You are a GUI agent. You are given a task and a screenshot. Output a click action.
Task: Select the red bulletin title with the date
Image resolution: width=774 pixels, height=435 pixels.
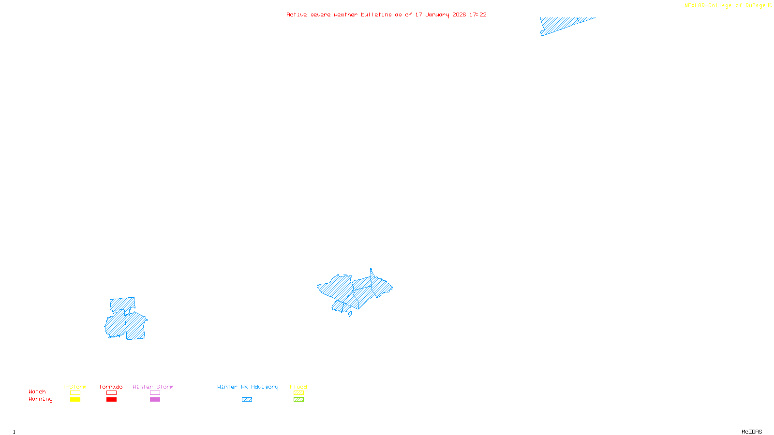386,14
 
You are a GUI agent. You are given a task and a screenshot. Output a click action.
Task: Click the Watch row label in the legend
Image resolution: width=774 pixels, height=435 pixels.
37,391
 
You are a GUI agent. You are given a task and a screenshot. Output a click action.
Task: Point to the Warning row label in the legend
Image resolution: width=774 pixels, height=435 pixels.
41,399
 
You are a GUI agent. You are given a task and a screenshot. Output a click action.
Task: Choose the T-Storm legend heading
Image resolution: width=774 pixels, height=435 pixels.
74,387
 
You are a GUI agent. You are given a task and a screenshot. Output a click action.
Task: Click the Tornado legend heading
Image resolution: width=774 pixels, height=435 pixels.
111,387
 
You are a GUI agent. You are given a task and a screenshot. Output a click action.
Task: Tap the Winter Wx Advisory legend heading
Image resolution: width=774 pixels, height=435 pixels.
248,387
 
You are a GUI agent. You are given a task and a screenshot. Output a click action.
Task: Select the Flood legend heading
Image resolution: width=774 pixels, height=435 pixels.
298,387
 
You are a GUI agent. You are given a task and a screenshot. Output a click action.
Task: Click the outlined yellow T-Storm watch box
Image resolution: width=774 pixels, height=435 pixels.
75,393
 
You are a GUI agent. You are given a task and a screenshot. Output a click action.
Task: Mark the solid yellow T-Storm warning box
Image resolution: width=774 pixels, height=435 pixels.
75,400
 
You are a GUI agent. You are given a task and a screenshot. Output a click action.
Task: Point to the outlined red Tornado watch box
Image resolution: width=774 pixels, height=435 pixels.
111,393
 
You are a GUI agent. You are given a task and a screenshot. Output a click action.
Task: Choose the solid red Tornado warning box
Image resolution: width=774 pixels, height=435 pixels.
111,400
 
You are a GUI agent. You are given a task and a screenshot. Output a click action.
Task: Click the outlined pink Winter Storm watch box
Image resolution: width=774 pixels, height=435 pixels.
155,393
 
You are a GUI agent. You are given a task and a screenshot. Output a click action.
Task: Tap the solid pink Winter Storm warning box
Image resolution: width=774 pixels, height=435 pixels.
155,400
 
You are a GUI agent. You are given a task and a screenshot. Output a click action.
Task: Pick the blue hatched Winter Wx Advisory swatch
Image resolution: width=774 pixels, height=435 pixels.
247,400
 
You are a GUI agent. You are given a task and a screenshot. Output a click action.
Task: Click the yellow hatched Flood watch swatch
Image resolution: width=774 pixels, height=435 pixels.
298,393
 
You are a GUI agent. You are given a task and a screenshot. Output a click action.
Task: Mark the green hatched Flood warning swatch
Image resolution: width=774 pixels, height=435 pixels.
298,400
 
